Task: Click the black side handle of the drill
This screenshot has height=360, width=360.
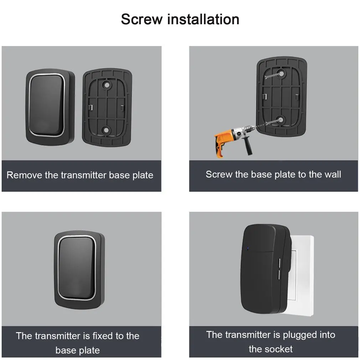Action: click(x=247, y=145)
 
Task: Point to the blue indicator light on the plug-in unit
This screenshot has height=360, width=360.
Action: click(x=248, y=248)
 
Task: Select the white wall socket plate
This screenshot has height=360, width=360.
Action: click(x=303, y=276)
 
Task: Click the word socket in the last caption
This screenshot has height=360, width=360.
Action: click(x=278, y=349)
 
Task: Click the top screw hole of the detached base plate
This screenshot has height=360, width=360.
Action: click(x=107, y=85)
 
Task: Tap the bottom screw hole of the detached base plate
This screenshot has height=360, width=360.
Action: click(x=106, y=130)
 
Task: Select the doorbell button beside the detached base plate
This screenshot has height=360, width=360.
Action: click(x=47, y=106)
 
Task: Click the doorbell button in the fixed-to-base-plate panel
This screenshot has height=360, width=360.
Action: click(x=77, y=268)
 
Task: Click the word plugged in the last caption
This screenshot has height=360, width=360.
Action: click(x=297, y=335)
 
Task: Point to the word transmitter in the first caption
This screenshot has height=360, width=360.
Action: click(x=84, y=175)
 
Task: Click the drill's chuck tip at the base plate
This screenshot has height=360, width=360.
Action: click(x=254, y=127)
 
